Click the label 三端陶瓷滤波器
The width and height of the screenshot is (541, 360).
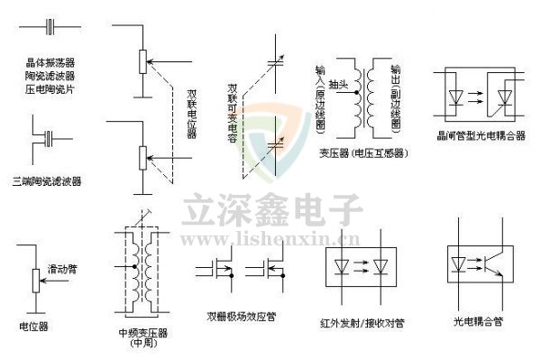[x=52, y=181]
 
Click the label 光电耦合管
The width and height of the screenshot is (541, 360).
[x=477, y=320]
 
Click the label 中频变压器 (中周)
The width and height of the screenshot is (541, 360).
[x=142, y=337]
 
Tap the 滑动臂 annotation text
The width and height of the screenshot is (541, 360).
[x=61, y=269]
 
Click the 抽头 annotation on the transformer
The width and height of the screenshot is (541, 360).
[x=338, y=84]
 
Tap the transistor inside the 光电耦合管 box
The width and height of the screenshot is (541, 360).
[x=492, y=263]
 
